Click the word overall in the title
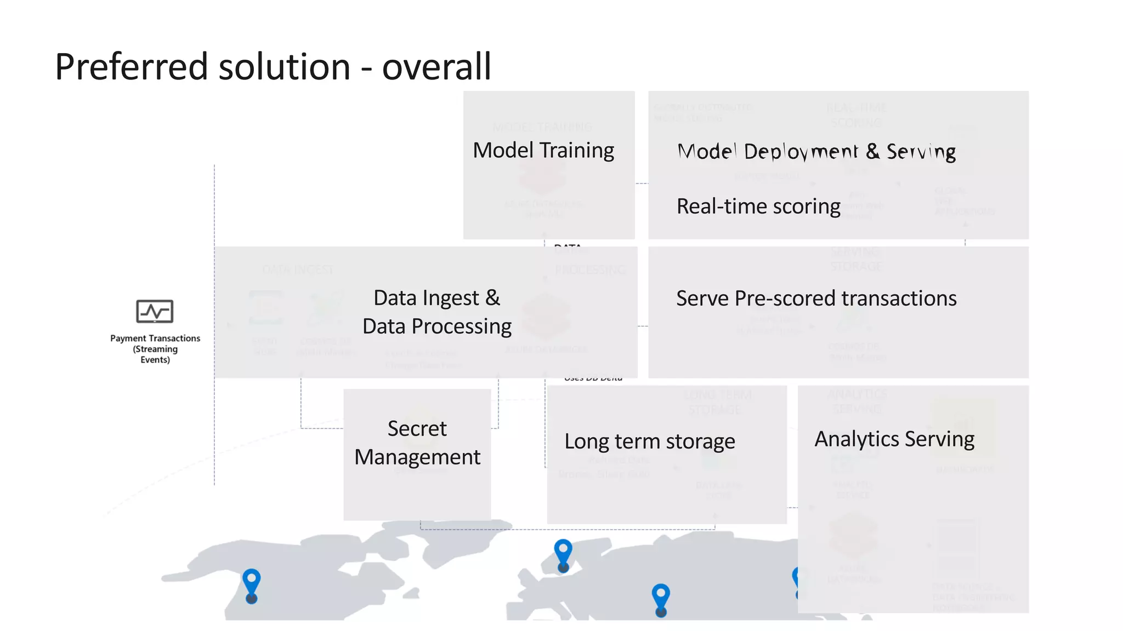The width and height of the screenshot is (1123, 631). pos(436,67)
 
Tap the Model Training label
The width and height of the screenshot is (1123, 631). pos(543,150)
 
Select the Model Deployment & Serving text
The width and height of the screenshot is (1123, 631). pos(816,151)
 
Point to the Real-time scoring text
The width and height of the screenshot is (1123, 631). pos(758,206)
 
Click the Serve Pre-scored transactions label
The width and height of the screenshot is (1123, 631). pos(816,299)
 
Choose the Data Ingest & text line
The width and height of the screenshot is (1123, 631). pos(436,298)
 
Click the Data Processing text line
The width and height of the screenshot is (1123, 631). pos(436,326)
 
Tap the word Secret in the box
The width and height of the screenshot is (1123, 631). pos(417,428)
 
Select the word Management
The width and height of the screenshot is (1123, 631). pos(417,457)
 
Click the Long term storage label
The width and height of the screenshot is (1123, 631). pos(649,441)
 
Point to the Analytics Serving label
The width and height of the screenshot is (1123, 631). pos(894,439)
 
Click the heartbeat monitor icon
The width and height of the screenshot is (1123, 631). pos(155,311)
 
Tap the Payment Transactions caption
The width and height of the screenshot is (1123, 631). pos(155,339)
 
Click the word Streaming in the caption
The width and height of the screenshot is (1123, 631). pos(156,349)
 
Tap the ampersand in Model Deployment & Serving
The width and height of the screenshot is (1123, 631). pos(872,151)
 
